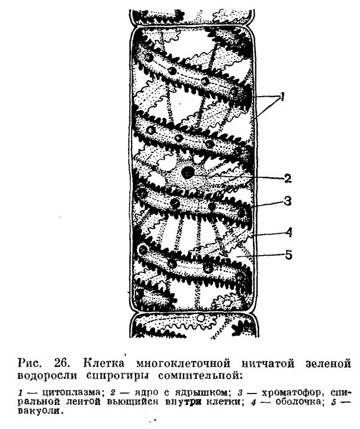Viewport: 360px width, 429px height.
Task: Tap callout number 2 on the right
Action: coord(288,178)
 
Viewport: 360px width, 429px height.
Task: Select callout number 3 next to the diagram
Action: coord(288,201)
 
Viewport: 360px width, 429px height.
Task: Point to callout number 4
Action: coord(289,232)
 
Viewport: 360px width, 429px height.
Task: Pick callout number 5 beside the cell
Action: coord(289,255)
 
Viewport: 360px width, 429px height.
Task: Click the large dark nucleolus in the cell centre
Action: coord(187,172)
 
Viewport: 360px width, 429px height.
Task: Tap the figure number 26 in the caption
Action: coord(62,363)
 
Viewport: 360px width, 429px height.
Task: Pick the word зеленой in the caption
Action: coord(326,363)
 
